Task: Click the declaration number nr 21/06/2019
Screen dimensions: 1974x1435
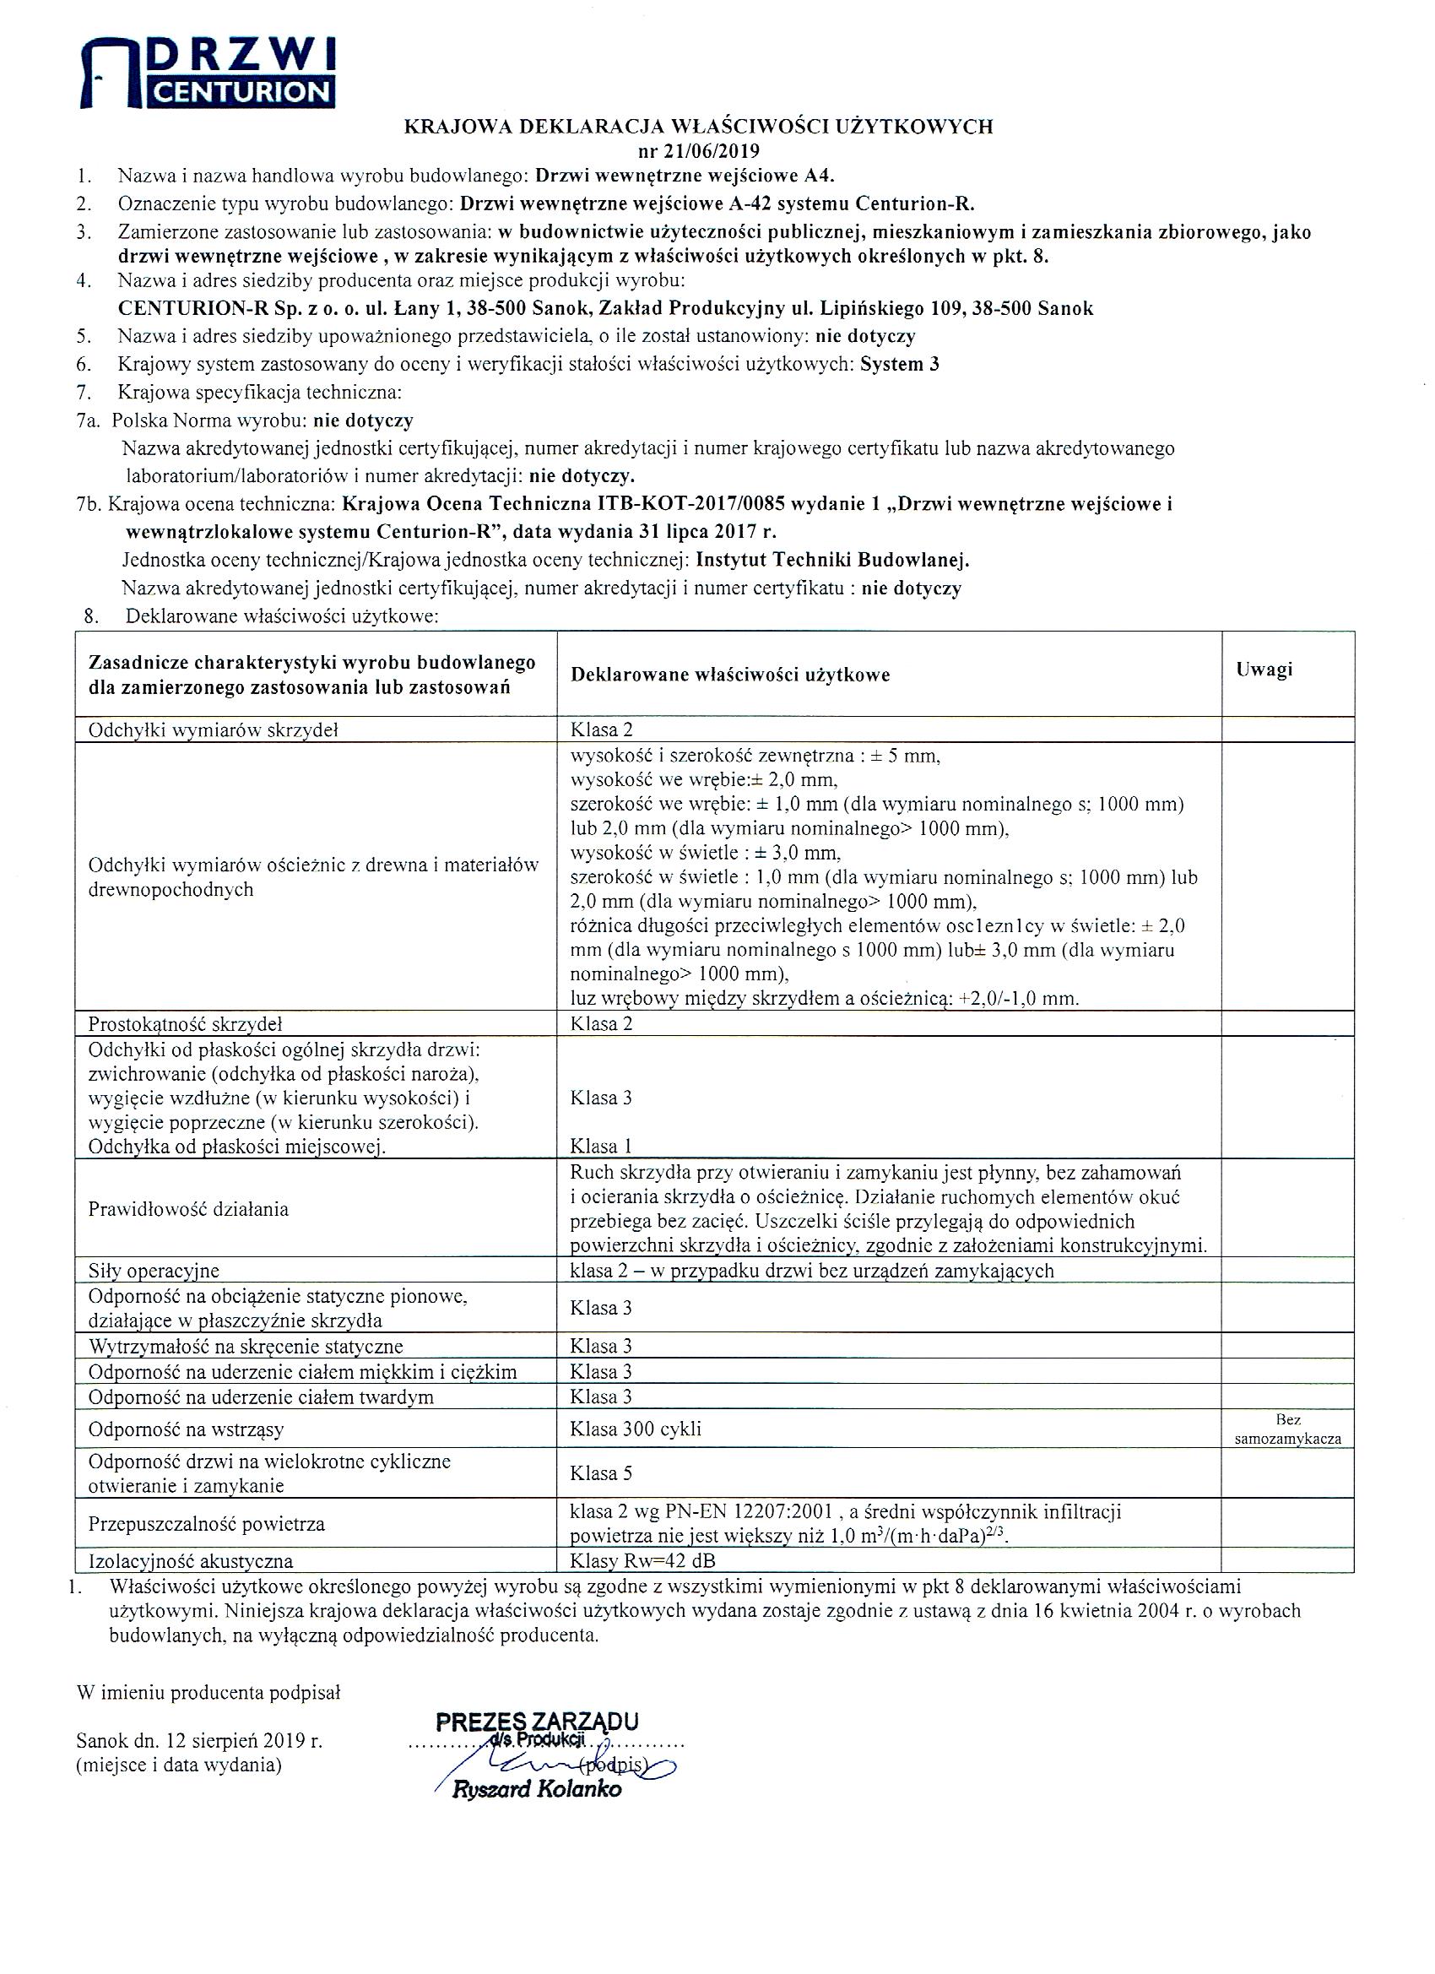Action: click(698, 149)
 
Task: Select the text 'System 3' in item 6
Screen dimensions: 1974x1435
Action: click(899, 365)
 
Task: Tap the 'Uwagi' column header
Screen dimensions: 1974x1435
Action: click(1264, 669)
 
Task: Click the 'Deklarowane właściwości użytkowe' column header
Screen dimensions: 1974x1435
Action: click(730, 675)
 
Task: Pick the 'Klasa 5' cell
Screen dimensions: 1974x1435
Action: click(600, 1473)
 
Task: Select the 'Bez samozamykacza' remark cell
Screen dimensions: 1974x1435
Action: click(1287, 1429)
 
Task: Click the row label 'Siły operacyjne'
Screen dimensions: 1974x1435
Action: click(153, 1271)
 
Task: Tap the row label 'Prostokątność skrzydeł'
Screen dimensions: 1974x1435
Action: click(186, 1023)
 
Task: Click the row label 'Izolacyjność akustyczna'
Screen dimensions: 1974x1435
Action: click(191, 1561)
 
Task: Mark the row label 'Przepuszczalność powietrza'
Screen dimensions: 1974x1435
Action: click(206, 1524)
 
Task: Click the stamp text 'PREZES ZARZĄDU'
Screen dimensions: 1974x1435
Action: click(537, 1721)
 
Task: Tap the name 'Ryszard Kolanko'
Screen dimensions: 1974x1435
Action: click(537, 1789)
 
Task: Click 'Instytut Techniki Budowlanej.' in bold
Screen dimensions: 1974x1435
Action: click(833, 560)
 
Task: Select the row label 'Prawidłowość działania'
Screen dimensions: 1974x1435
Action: click(188, 1209)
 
